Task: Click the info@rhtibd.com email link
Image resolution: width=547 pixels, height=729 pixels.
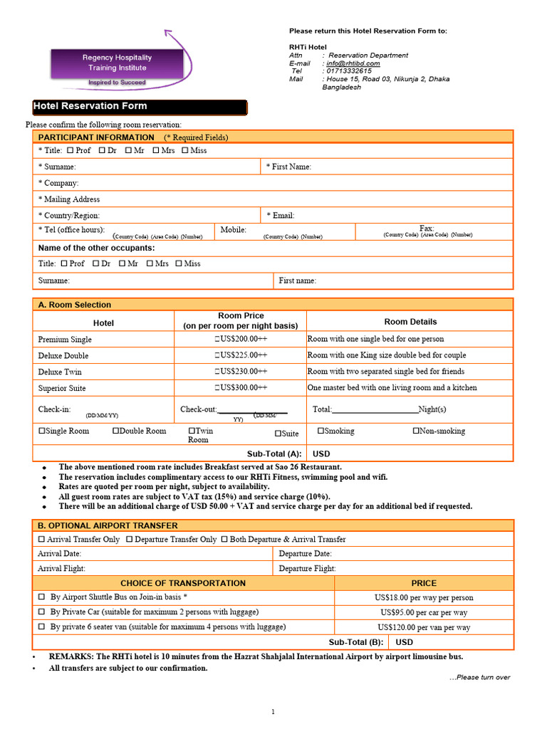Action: tap(353, 63)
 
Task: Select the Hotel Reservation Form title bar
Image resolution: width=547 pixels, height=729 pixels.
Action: tap(140, 107)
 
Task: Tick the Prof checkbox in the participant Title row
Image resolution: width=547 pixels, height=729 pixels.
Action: tap(70, 151)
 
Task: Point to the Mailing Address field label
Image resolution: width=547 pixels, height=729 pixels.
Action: tap(69, 199)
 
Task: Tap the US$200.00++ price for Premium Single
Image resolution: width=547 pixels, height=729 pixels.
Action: tap(241, 340)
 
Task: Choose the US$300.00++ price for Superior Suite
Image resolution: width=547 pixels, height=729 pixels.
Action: tap(241, 388)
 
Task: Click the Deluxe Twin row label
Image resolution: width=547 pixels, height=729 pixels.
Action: tap(60, 372)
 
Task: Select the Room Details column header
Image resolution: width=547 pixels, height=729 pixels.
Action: tap(410, 322)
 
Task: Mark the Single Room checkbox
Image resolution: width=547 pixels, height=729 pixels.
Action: tap(42, 431)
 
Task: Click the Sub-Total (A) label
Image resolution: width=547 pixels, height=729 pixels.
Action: tap(274, 453)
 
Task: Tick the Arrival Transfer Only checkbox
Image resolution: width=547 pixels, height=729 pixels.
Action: tap(41, 540)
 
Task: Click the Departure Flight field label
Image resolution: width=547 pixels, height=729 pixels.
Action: tap(307, 569)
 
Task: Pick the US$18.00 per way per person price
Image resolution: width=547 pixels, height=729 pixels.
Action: tap(423, 598)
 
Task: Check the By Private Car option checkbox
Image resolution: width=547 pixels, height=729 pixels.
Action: tap(41, 612)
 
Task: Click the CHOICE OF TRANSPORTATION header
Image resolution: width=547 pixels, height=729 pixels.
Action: tap(183, 583)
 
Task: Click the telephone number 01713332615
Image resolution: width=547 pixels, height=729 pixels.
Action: tap(347, 71)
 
